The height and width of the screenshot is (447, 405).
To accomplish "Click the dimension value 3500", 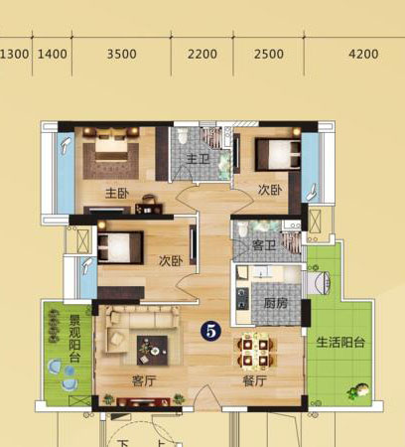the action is click(x=122, y=54).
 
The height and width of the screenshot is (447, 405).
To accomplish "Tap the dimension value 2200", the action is click(x=202, y=54).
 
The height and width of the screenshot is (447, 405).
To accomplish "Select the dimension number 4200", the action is click(x=363, y=54).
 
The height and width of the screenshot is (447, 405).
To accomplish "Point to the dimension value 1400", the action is click(x=53, y=54).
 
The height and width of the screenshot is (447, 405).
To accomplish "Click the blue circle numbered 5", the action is click(x=210, y=331).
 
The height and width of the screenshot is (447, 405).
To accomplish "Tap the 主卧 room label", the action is click(x=117, y=194).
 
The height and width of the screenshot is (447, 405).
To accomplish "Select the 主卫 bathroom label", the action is click(x=198, y=159).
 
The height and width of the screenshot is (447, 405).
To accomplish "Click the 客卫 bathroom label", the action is click(x=264, y=245).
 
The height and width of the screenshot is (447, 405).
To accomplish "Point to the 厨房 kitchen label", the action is click(x=276, y=303).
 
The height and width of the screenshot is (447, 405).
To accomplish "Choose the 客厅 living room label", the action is click(x=144, y=381).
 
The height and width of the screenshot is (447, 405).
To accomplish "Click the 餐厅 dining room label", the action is click(x=254, y=381).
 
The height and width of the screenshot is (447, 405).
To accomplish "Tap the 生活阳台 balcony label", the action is click(x=340, y=342).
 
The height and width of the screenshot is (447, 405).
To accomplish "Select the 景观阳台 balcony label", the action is click(x=74, y=338).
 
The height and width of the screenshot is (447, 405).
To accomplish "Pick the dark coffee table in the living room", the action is click(x=152, y=351).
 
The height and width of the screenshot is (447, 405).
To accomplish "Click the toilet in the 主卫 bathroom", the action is click(x=183, y=136).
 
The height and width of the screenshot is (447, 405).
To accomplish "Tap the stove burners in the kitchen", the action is click(x=242, y=298).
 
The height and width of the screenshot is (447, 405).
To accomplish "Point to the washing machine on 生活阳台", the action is click(x=319, y=282).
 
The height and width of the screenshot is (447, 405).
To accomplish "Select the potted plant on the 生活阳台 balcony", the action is click(x=357, y=391).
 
